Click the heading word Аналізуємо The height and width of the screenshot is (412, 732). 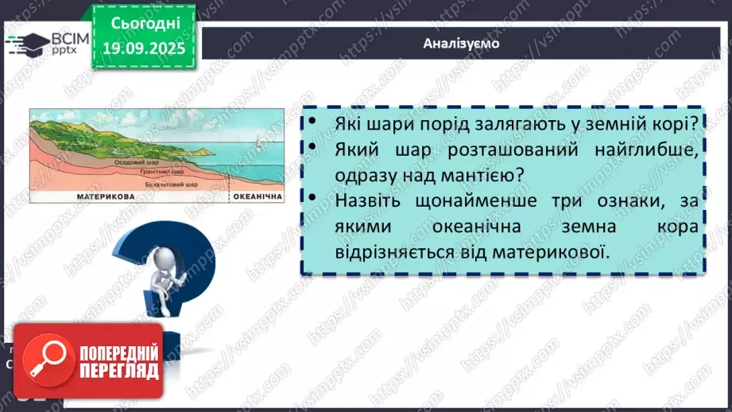click(462, 43)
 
